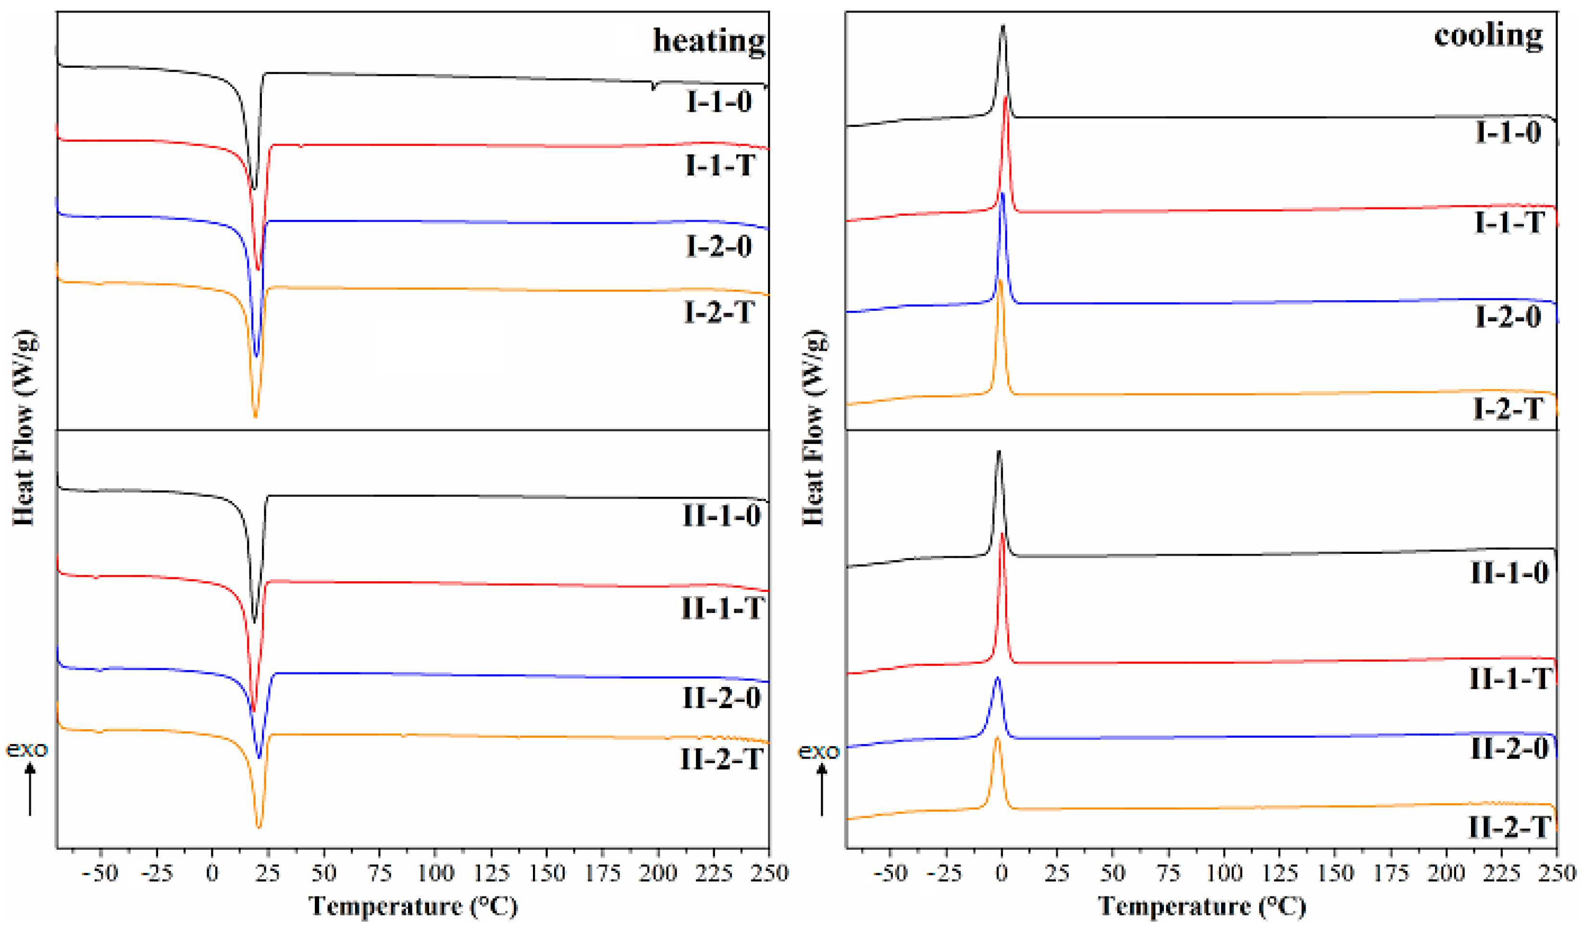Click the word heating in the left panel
click(708, 41)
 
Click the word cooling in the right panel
click(1487, 36)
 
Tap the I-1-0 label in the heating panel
click(718, 102)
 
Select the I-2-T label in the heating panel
click(718, 313)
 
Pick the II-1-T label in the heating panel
click(722, 609)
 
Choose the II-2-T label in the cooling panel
click(1509, 827)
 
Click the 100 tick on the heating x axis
click(435, 873)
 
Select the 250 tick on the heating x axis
click(769, 873)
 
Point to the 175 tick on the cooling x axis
click(1390, 873)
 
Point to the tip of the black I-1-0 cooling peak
click(1002, 26)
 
